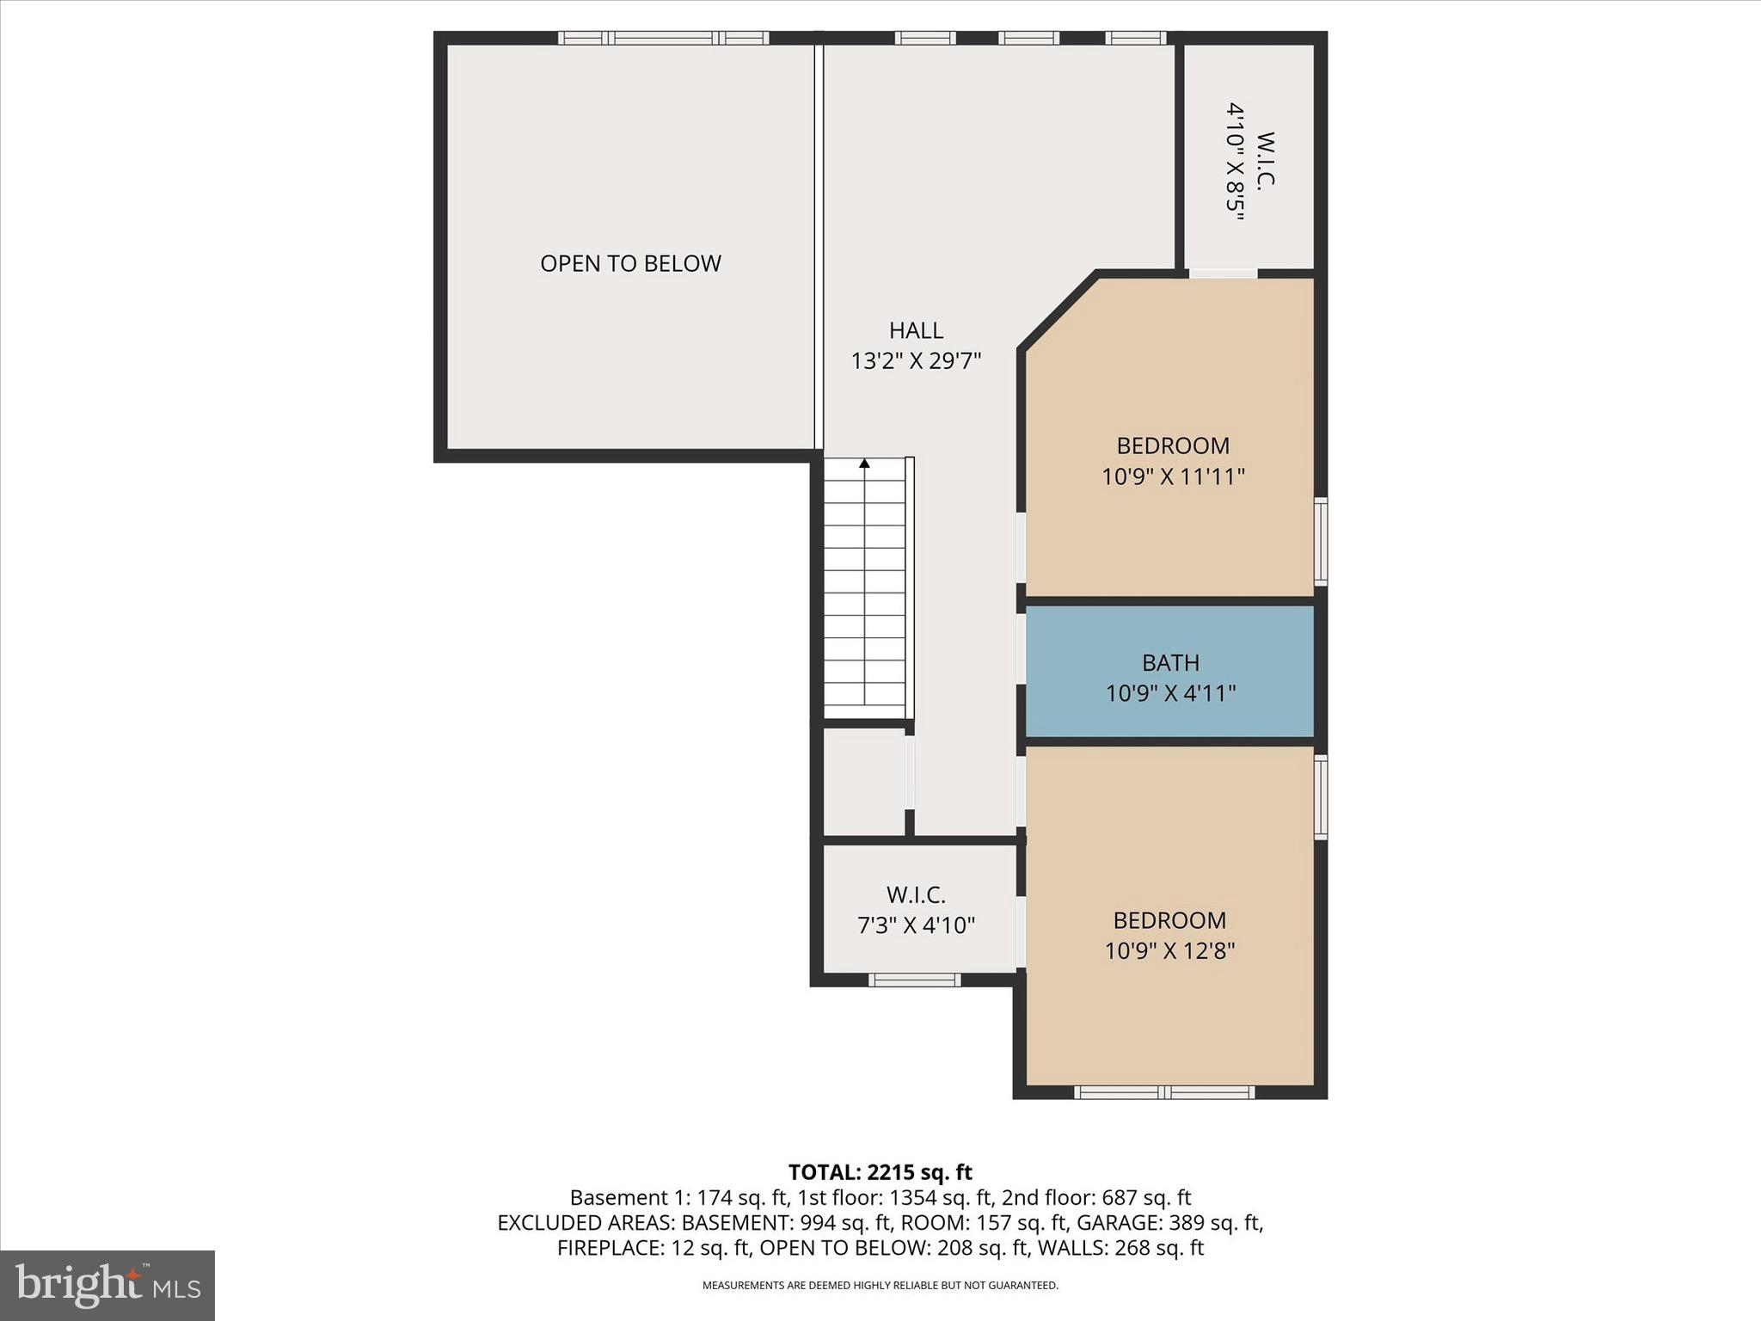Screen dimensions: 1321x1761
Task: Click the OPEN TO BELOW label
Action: [x=630, y=263]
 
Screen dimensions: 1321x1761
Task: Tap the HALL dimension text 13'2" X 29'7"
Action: [x=916, y=361]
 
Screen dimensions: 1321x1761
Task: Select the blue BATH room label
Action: [x=1170, y=663]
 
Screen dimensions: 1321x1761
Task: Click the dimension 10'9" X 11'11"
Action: [x=1173, y=476]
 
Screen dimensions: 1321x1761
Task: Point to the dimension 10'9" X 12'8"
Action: [x=1169, y=951]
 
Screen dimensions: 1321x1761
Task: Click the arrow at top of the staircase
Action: [x=864, y=464]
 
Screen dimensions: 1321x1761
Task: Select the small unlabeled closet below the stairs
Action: [x=863, y=781]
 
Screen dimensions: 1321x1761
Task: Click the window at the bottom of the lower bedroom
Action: [x=1163, y=1092]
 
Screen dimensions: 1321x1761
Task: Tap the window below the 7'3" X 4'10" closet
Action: [x=914, y=980]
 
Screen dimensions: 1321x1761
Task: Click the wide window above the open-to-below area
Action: [x=663, y=38]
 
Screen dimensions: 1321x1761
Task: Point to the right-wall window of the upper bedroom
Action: [x=1320, y=542]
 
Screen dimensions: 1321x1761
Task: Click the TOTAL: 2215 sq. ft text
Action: [x=880, y=1172]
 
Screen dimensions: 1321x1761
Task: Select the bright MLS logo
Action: [x=107, y=1285]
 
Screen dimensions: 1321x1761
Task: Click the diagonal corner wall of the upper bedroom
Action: [x=1058, y=311]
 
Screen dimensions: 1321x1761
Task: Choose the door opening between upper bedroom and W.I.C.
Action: [x=1223, y=273]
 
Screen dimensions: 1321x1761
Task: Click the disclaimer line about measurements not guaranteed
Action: [x=880, y=1286]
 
